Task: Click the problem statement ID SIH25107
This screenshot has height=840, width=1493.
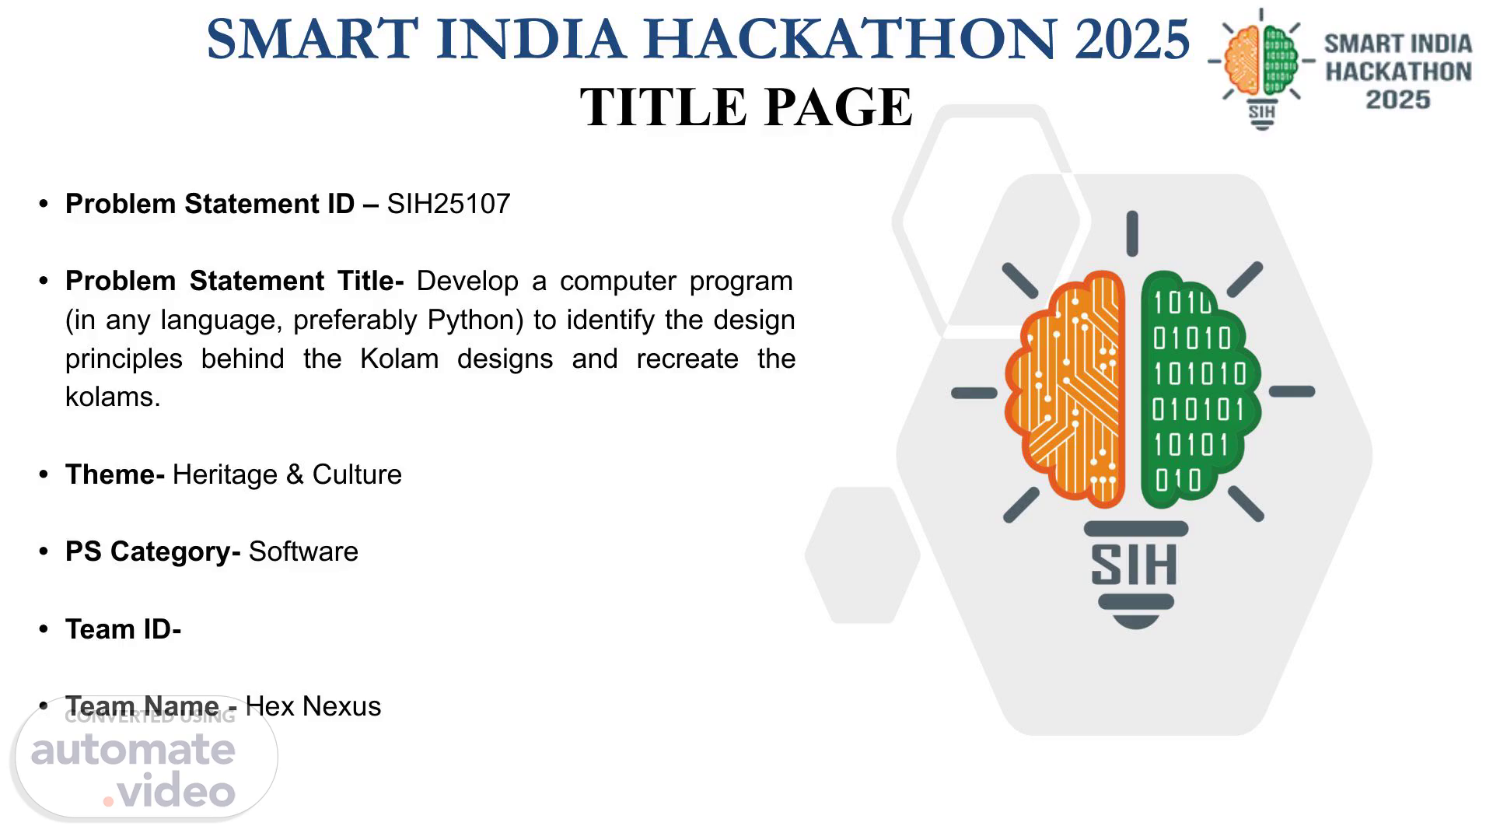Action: click(x=449, y=204)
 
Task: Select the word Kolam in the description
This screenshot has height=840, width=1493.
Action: click(x=400, y=359)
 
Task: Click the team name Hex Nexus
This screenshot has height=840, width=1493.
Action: click(x=313, y=706)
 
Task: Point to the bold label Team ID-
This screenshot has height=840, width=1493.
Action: click(x=123, y=629)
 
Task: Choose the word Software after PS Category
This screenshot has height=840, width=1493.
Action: click(x=303, y=551)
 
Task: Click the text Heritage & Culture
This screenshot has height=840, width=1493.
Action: click(x=287, y=474)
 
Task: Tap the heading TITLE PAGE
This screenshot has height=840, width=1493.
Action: click(x=746, y=107)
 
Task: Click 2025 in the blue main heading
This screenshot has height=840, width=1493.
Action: click(x=1132, y=38)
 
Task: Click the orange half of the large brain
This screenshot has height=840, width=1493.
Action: click(x=1065, y=387)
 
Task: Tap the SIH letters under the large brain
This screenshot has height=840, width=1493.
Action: click(x=1135, y=565)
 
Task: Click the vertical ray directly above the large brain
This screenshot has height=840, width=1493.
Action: click(x=1132, y=233)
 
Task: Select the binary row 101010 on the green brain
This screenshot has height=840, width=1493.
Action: click(x=1200, y=374)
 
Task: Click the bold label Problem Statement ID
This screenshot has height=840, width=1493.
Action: click(x=210, y=204)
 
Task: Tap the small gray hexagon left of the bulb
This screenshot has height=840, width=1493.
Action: click(x=862, y=555)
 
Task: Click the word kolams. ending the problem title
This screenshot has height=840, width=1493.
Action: click(x=113, y=397)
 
